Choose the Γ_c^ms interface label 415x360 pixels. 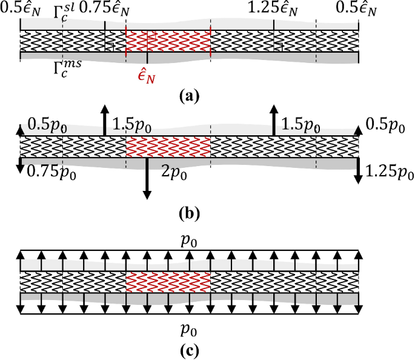(68, 65)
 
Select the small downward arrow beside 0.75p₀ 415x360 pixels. (20, 165)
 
